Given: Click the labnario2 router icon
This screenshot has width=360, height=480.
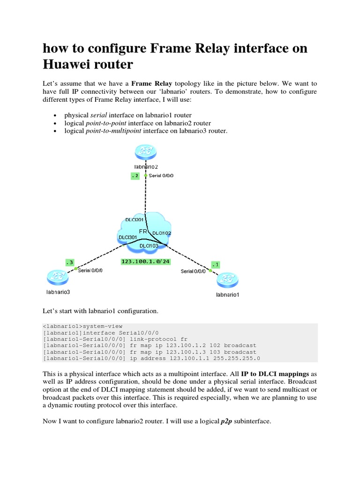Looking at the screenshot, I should [145, 152].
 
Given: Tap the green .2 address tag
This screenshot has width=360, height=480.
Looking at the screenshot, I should [135, 176].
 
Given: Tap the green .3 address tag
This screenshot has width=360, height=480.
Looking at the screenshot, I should [69, 263].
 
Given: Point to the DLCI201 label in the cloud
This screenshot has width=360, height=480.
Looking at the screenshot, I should [135, 220].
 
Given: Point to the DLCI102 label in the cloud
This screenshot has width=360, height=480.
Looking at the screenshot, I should [162, 232].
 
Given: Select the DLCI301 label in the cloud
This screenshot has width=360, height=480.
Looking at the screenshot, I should [128, 237].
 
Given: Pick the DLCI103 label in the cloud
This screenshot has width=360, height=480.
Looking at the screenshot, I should [150, 246].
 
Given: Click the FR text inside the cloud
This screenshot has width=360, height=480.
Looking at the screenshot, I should [143, 231].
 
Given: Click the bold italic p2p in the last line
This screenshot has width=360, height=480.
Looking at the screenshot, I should [226, 421].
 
